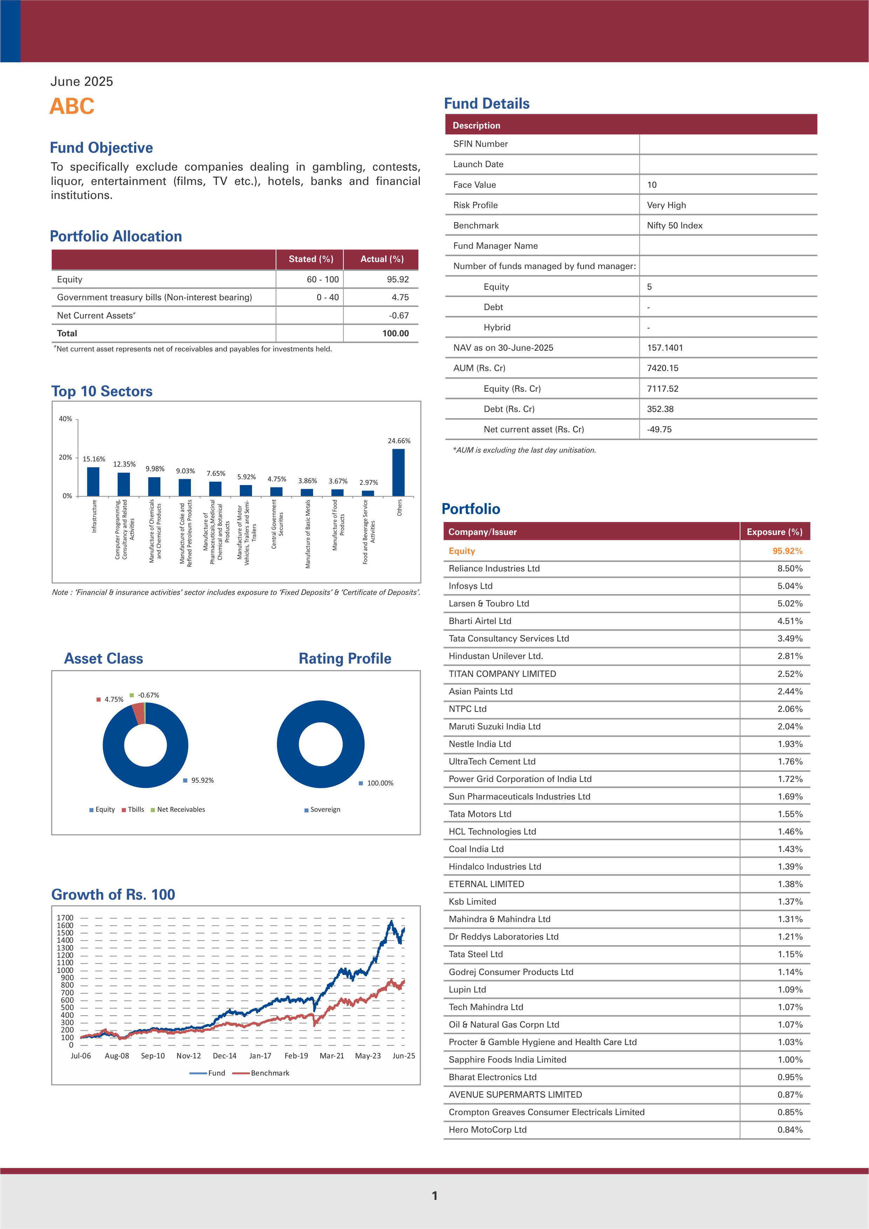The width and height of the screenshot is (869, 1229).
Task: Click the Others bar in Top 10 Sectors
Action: pos(398,472)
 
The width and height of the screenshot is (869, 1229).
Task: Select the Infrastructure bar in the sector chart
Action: pos(93,481)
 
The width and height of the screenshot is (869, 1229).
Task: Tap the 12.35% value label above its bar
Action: pos(124,464)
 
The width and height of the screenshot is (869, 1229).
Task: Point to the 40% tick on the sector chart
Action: pos(65,419)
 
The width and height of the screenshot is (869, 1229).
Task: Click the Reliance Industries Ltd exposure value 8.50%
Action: pos(790,569)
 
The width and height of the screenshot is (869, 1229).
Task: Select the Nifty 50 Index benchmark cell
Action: pos(675,225)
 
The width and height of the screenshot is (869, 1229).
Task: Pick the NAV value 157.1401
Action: pos(665,348)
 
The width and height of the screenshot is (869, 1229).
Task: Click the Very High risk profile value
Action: pos(666,205)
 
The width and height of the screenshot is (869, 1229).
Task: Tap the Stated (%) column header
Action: pos(310,259)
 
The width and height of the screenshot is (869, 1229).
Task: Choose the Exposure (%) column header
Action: pos(774,531)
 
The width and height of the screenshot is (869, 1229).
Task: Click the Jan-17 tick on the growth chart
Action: pos(260,1056)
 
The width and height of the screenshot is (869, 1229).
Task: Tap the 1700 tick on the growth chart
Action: pos(65,918)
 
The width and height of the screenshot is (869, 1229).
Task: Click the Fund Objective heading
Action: pos(101,148)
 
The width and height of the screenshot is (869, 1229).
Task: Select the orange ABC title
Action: pos(72,106)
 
